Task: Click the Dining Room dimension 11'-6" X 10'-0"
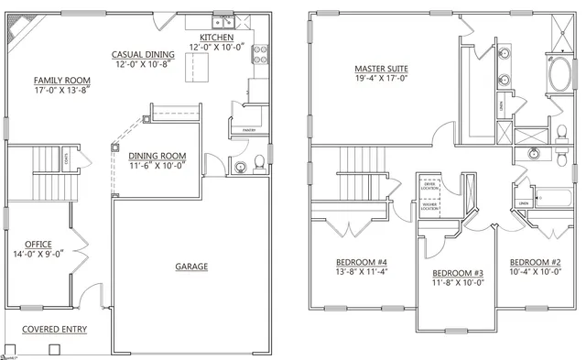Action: pos(157,166)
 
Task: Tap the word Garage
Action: pos(191,267)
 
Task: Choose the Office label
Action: pos(39,244)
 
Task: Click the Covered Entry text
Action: pos(55,328)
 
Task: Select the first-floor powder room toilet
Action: pos(259,163)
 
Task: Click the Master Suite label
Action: pos(381,70)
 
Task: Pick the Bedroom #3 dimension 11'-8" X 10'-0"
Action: pos(459,283)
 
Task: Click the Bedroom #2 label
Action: pos(535,261)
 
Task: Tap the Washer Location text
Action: pos(429,208)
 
